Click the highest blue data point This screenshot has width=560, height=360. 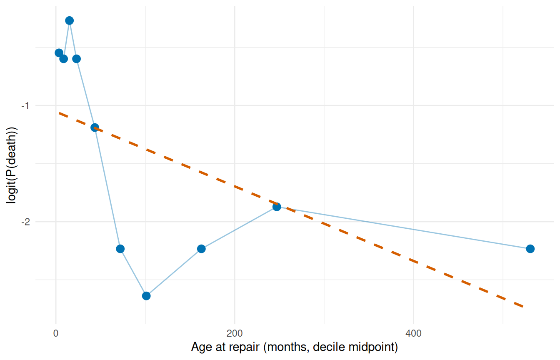[x=70, y=20]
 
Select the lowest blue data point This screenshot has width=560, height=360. [x=146, y=296]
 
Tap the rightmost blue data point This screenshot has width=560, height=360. [x=530, y=249]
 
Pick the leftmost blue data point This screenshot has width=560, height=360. [x=59, y=53]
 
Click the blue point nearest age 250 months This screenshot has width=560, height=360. [x=277, y=207]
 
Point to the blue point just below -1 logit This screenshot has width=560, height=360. [x=95, y=128]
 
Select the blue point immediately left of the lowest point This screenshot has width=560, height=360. [x=120, y=249]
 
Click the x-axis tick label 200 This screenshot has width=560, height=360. [x=235, y=333]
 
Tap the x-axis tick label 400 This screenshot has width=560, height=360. [x=413, y=333]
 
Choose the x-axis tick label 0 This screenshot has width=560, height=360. [x=56, y=333]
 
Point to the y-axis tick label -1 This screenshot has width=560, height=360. [x=25, y=106]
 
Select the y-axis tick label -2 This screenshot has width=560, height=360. [x=25, y=222]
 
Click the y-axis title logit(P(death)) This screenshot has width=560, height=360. [x=12, y=165]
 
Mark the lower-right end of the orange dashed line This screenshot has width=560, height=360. [x=523, y=307]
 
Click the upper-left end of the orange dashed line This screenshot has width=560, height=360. [x=59, y=113]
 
